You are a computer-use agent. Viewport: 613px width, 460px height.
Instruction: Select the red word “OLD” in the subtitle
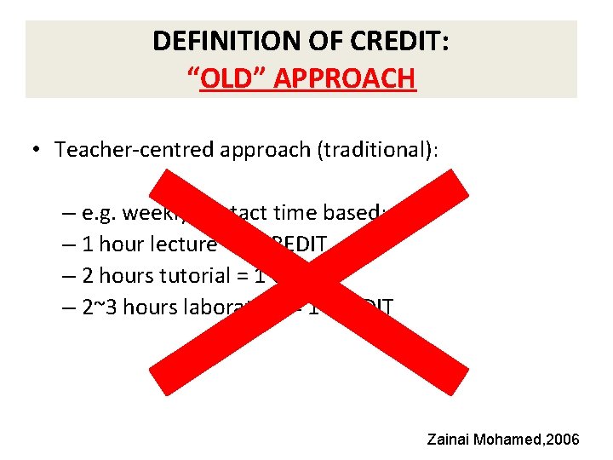(224, 78)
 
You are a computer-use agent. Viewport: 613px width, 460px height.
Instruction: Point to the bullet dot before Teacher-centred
(38, 150)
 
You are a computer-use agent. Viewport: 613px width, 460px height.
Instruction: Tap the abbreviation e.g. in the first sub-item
(103, 213)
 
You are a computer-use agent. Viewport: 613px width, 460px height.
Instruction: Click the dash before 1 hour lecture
(69, 244)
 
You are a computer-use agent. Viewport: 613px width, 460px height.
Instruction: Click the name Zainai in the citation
(455, 440)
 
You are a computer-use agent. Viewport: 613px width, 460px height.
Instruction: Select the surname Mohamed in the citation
(511, 440)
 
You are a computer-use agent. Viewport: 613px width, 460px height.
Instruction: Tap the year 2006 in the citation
(562, 440)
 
